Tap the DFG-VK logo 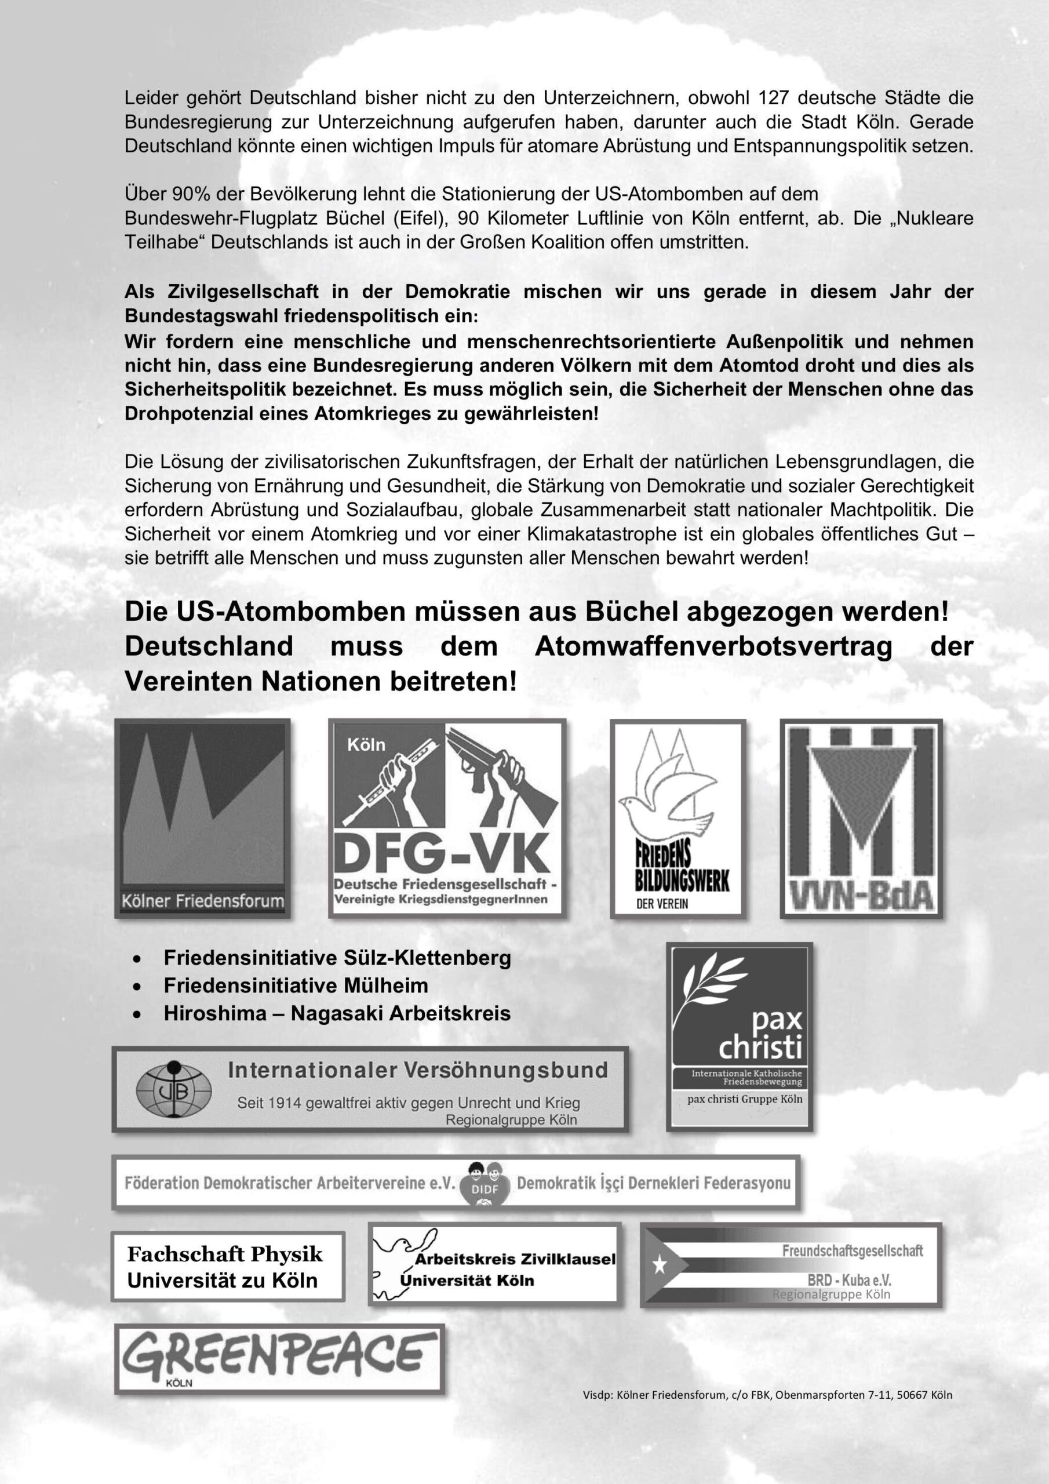tap(447, 817)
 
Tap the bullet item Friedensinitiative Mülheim tap(296, 985)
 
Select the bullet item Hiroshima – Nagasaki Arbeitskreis tap(337, 1013)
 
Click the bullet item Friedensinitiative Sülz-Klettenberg tap(337, 957)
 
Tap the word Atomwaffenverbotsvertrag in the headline tap(713, 646)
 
